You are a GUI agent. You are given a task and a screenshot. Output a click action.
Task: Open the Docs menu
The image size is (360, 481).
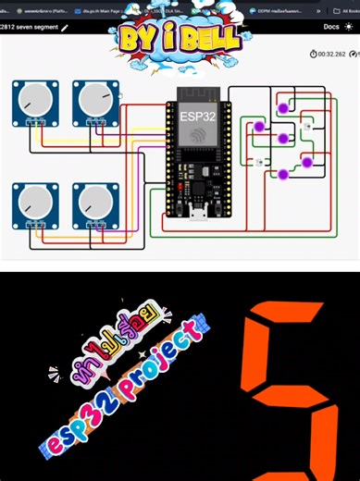click(330, 28)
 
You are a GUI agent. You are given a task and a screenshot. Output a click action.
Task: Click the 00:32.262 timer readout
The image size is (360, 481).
click(329, 55)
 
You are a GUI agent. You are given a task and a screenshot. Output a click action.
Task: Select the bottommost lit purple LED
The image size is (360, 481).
click(281, 174)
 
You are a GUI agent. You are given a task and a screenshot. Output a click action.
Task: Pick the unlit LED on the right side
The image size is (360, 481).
click(308, 124)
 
